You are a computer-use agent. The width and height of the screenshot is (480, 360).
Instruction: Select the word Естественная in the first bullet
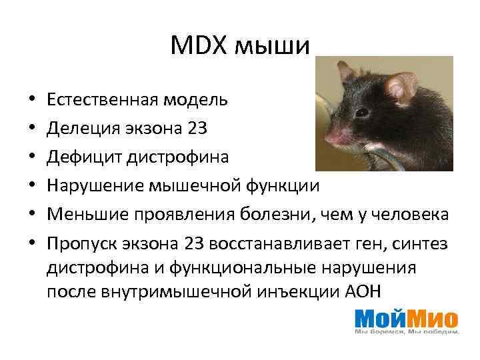(101, 101)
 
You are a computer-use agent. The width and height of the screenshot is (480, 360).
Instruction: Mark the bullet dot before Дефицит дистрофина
(32, 158)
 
